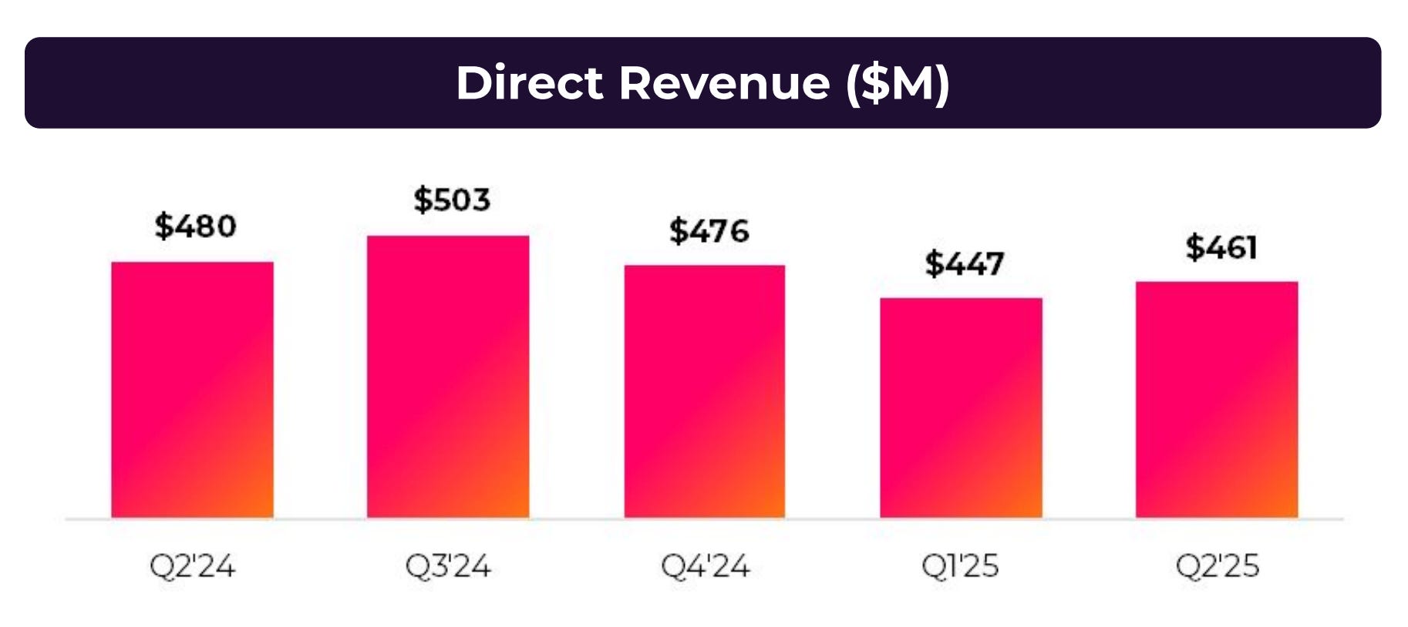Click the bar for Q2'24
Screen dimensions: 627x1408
pyautogui.click(x=192, y=390)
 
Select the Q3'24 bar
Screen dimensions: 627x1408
pyautogui.click(x=448, y=377)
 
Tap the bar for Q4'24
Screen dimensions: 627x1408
pyautogui.click(x=705, y=391)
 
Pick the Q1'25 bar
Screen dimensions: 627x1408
pyautogui.click(x=961, y=407)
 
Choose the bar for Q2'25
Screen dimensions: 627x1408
pyautogui.click(x=1217, y=400)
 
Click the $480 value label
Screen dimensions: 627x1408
pyautogui.click(x=195, y=226)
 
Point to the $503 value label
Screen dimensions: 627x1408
pyautogui.click(x=452, y=200)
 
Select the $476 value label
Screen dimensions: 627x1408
pyautogui.click(x=709, y=231)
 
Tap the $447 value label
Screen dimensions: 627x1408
pyautogui.click(x=964, y=264)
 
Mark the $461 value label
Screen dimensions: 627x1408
pyautogui.click(x=1221, y=248)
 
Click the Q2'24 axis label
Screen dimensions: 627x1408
pyautogui.click(x=192, y=567)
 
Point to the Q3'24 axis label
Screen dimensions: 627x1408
pyautogui.click(x=448, y=567)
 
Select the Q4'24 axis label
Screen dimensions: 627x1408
pyautogui.click(x=705, y=567)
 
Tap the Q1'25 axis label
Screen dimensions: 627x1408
pyautogui.click(x=960, y=567)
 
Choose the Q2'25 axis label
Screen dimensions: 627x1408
pyautogui.click(x=1217, y=567)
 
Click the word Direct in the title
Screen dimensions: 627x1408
pyautogui.click(x=529, y=83)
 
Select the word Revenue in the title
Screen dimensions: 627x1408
pyautogui.click(x=724, y=83)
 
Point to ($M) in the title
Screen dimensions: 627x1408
pyautogui.click(x=898, y=83)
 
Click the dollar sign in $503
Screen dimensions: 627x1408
pyautogui.click(x=423, y=200)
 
